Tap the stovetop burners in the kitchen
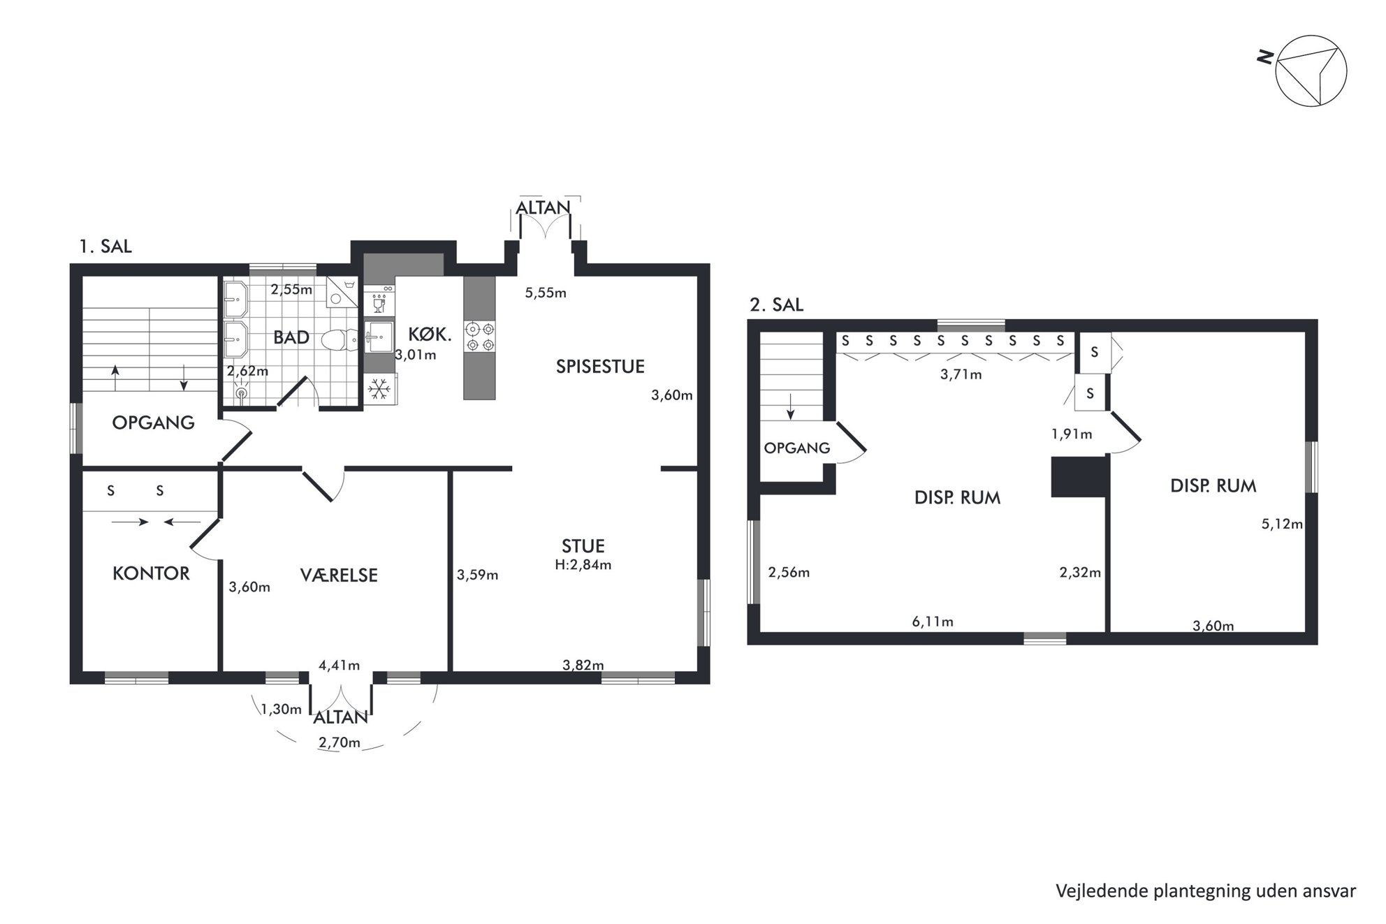click(480, 336)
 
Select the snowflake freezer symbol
click(380, 389)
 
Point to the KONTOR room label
click(151, 573)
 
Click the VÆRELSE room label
click(339, 575)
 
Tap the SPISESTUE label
click(600, 366)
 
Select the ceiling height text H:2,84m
click(583, 564)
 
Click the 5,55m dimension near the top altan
click(546, 293)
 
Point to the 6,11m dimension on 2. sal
click(933, 621)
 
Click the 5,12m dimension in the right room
click(1282, 524)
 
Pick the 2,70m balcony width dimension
click(340, 742)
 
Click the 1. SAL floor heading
click(105, 247)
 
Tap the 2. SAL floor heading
click(776, 305)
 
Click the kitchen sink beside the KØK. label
click(379, 337)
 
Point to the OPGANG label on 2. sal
click(797, 448)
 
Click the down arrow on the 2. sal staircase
click(791, 407)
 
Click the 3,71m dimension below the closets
click(961, 374)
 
